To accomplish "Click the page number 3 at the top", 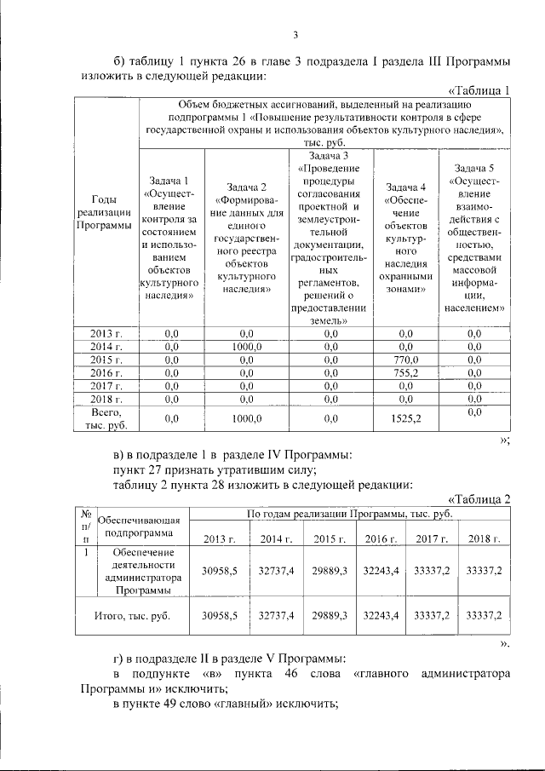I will (295, 34).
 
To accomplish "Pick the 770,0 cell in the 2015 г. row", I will (399, 360).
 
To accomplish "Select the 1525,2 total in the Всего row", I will (399, 418).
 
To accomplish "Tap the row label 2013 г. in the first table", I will (107, 334).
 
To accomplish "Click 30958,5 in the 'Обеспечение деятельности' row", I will (218, 571).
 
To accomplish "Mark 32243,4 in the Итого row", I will (380, 614).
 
